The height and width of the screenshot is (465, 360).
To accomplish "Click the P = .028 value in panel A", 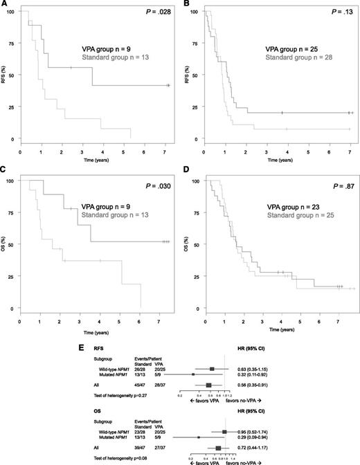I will tap(158, 11).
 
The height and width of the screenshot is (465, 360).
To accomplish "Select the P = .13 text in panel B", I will tap(339, 11).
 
